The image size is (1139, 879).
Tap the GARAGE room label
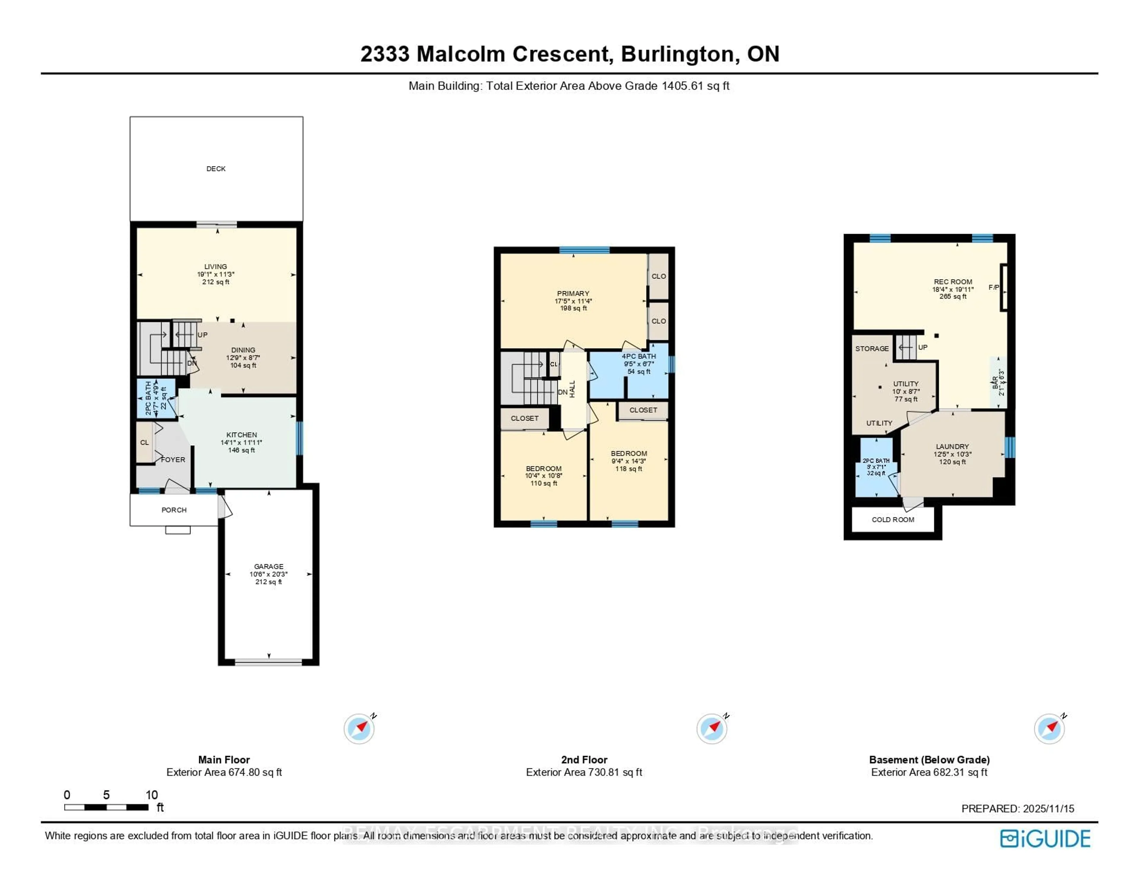tap(268, 566)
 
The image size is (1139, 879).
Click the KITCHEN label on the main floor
tap(241, 435)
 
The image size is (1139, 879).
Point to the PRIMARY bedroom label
tap(573, 293)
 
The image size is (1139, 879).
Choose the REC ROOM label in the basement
tap(953, 281)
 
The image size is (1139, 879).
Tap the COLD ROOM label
tap(893, 519)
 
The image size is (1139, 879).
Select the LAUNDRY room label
tap(952, 446)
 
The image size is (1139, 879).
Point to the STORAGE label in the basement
tap(872, 349)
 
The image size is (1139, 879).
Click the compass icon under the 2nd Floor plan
tap(712, 729)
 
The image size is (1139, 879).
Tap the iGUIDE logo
tap(1045, 838)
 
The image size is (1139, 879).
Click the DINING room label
tap(243, 350)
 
